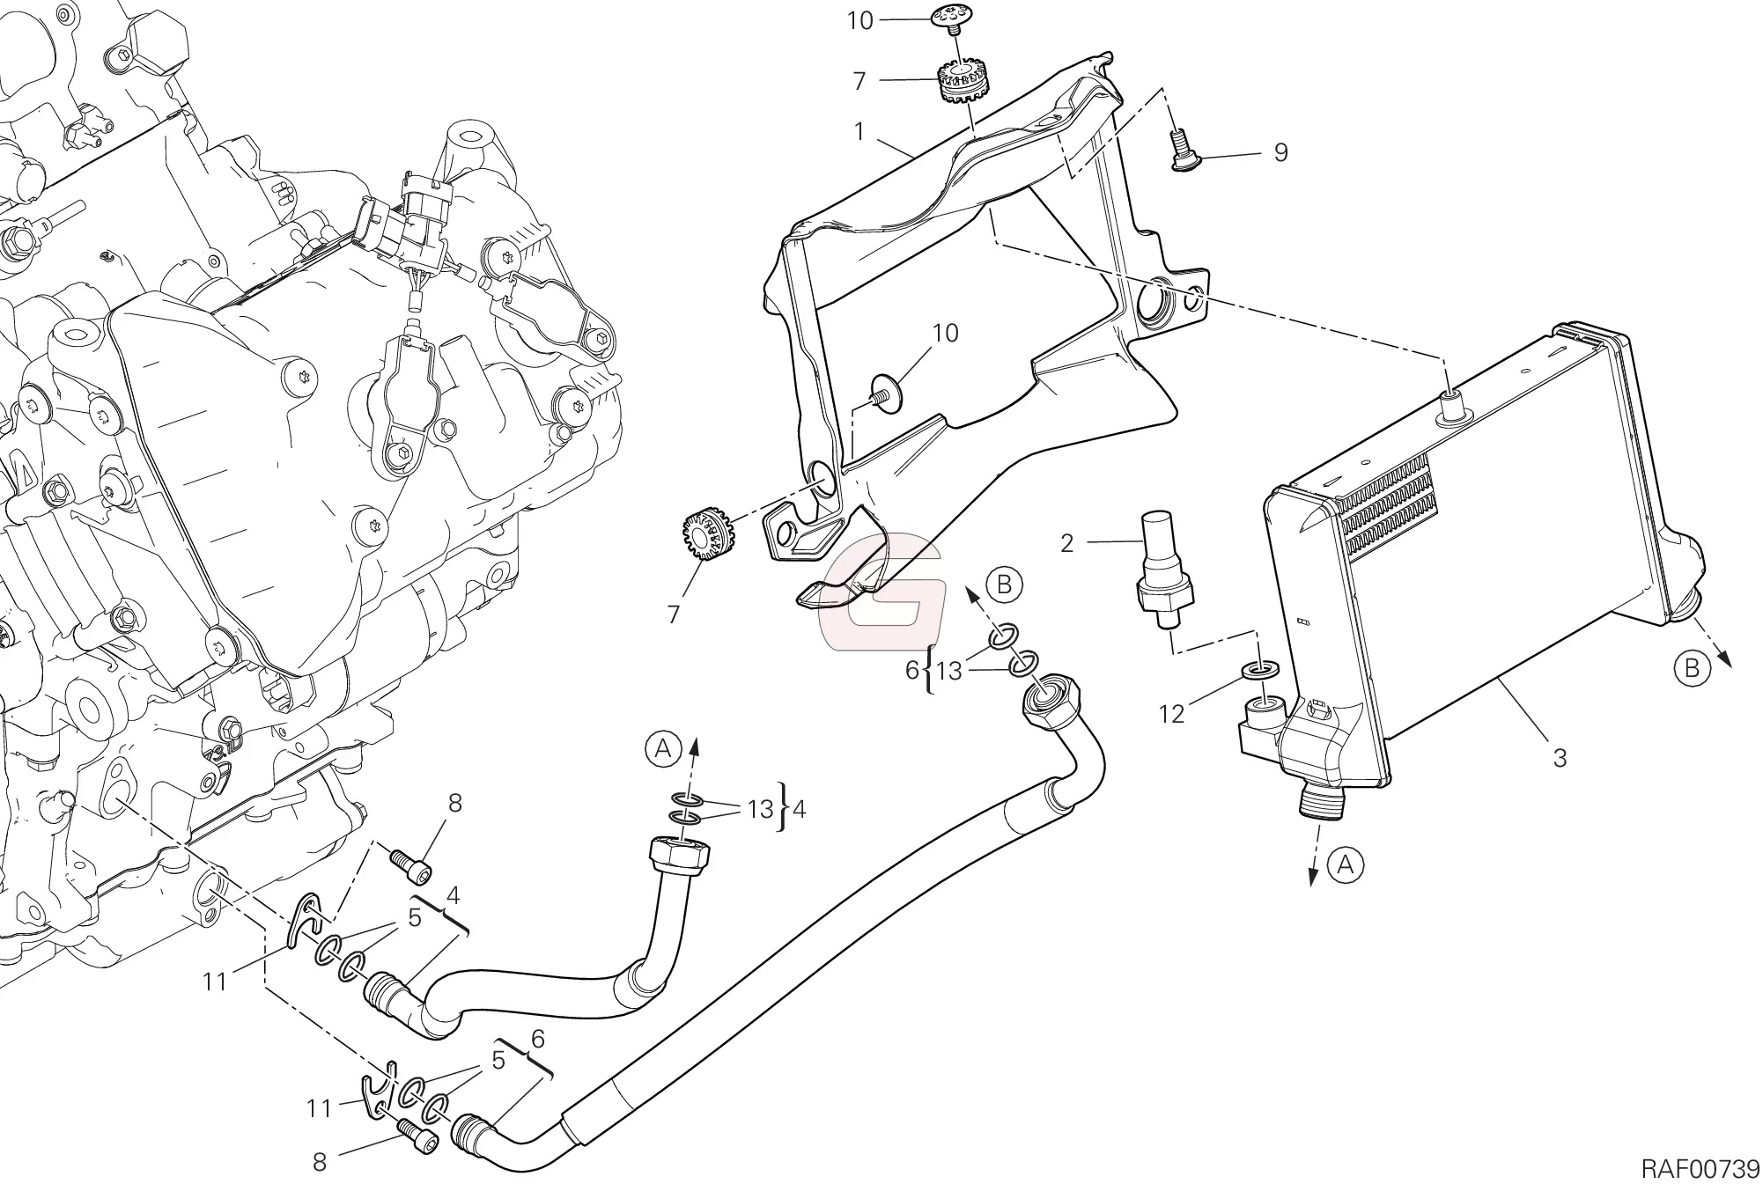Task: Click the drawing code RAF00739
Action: click(1700, 1168)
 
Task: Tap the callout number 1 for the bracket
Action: click(859, 132)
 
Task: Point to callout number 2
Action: click(1066, 543)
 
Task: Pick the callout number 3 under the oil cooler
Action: click(1560, 758)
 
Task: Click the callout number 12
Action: click(1171, 714)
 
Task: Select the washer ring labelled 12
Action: click(1258, 674)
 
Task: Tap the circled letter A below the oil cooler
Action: click(1345, 865)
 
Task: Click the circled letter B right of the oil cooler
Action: click(1692, 670)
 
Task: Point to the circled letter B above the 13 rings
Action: click(1004, 584)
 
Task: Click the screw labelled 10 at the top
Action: click(952, 17)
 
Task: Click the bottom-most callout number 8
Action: click(320, 1162)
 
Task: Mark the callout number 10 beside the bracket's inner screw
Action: click(945, 334)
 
